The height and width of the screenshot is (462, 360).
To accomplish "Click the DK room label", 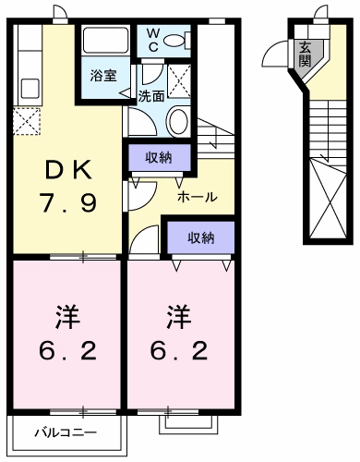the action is click(68, 170).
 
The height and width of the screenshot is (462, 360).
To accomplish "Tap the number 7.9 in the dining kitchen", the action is click(67, 202).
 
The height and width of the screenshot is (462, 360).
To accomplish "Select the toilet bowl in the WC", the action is click(174, 41).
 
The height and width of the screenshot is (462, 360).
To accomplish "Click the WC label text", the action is click(153, 40).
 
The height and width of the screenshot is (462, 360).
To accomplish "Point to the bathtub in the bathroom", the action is click(105, 41).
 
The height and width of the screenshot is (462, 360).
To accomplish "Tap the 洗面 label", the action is click(150, 96).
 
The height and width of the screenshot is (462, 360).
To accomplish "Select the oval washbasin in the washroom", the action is click(176, 121).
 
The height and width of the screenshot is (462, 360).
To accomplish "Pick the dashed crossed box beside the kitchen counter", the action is click(27, 121).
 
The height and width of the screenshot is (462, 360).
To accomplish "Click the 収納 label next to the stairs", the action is click(159, 158).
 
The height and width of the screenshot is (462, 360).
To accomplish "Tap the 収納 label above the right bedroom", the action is click(201, 237).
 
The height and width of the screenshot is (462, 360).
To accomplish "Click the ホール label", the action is click(197, 196).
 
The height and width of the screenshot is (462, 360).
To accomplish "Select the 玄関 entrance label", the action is click(306, 55).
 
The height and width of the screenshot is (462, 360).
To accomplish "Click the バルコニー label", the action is click(66, 432).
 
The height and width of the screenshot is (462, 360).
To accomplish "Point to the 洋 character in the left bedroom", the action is click(67, 317).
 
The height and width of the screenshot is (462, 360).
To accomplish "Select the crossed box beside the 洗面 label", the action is click(179, 81).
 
